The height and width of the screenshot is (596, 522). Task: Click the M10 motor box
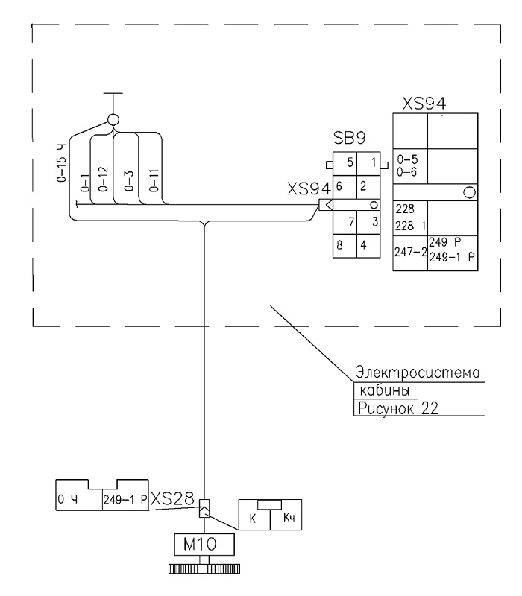pyautogui.click(x=204, y=545)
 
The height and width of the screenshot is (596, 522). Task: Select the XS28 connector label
pyautogui.click(x=172, y=498)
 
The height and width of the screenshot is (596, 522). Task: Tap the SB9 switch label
pyautogui.click(x=349, y=138)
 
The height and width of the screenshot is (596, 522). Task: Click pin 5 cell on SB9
pyautogui.click(x=345, y=163)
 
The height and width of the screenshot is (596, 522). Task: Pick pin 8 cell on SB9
pyautogui.click(x=345, y=246)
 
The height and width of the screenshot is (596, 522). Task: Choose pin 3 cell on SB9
pyautogui.click(x=368, y=222)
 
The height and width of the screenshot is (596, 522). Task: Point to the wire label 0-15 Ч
pyautogui.click(x=61, y=163)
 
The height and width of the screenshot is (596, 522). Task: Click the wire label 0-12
pyautogui.click(x=103, y=179)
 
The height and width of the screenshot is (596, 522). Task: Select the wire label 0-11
pyautogui.click(x=154, y=180)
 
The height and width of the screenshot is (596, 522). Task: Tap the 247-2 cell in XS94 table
pyautogui.click(x=410, y=253)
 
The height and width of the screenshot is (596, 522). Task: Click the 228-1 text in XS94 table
pyautogui.click(x=410, y=226)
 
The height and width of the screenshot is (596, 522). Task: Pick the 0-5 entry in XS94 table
pyautogui.click(x=407, y=159)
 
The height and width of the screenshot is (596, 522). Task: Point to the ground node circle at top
pyautogui.click(x=113, y=120)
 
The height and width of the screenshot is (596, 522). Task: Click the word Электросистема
pyautogui.click(x=418, y=372)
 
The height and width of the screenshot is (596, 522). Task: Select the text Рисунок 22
pyautogui.click(x=398, y=408)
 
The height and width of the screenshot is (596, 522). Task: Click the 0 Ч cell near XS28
pyautogui.click(x=79, y=499)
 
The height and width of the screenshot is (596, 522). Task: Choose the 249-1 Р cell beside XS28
pyautogui.click(x=125, y=499)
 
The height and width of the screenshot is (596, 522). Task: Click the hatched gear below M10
pyautogui.click(x=204, y=568)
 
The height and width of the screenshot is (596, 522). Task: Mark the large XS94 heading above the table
pyautogui.click(x=424, y=104)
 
